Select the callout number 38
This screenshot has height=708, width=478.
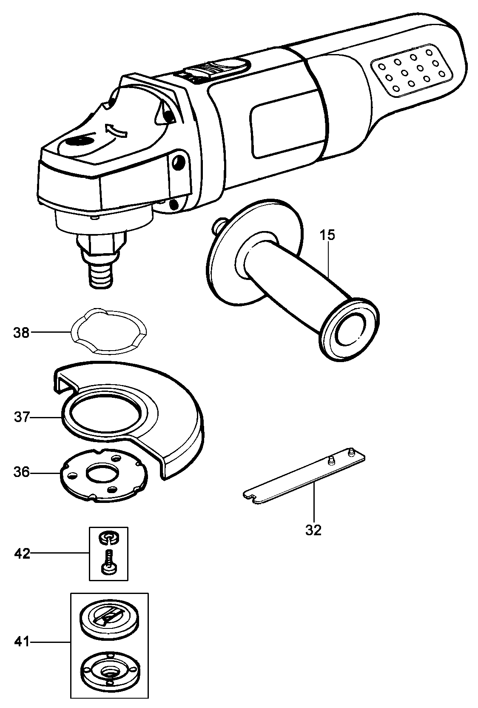pos(21,332)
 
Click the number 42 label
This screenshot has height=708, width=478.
pos(22,554)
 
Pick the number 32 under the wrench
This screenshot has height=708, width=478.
pos(313,530)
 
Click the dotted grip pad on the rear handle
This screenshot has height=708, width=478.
pos(411,70)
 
